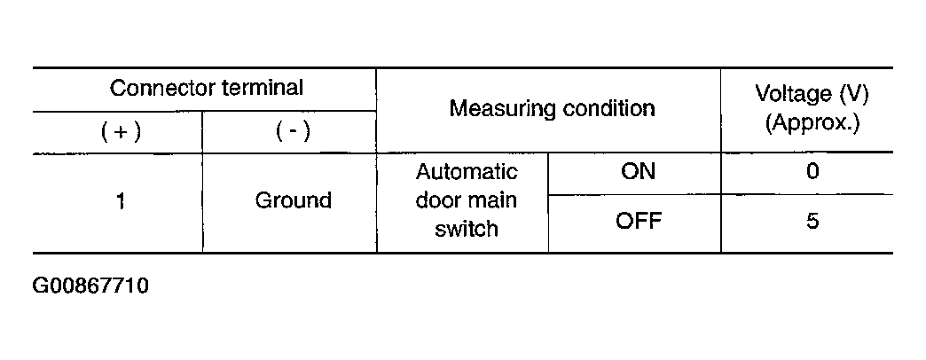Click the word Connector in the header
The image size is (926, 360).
[163, 88]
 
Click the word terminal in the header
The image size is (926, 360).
[263, 88]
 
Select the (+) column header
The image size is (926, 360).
[121, 132]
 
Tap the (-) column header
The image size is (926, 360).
[293, 132]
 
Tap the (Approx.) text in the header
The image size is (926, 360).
[812, 123]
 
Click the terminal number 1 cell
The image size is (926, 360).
[121, 202]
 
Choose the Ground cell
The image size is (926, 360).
[293, 200]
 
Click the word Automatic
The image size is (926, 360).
[467, 172]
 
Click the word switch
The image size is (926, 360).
[467, 229]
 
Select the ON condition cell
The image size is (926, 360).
[638, 171]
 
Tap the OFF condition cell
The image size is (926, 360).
[639, 222]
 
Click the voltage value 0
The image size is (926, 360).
[812, 171]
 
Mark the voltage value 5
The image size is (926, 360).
[812, 222]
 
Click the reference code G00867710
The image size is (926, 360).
[90, 286]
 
